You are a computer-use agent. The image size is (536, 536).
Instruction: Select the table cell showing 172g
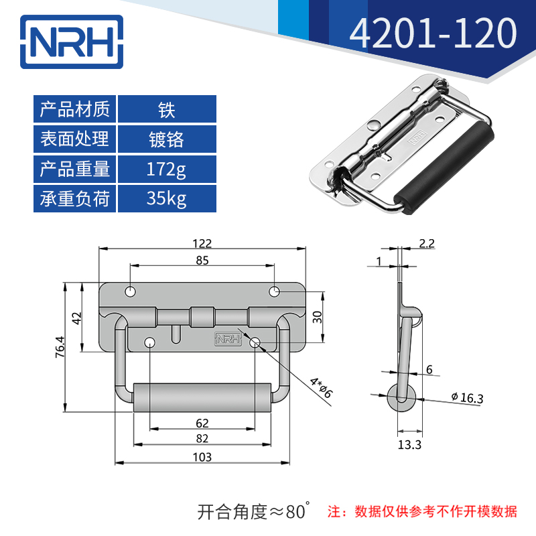click(167, 169)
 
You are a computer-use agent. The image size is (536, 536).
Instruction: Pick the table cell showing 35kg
click(167, 198)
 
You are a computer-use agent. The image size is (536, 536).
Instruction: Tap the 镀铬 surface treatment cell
click(167, 139)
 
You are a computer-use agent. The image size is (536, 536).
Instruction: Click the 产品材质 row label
click(75, 109)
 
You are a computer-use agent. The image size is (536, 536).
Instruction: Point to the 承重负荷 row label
click(75, 198)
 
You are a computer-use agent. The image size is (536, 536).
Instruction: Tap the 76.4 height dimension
click(60, 348)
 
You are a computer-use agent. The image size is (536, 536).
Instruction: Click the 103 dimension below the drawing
click(202, 457)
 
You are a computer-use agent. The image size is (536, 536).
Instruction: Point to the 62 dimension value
click(202, 423)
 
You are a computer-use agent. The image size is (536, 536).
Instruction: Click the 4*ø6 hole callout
click(321, 387)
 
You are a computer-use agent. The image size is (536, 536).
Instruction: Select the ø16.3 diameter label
click(467, 398)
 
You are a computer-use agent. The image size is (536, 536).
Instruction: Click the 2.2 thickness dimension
click(427, 244)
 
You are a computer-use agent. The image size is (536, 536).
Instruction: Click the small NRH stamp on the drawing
click(227, 340)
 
